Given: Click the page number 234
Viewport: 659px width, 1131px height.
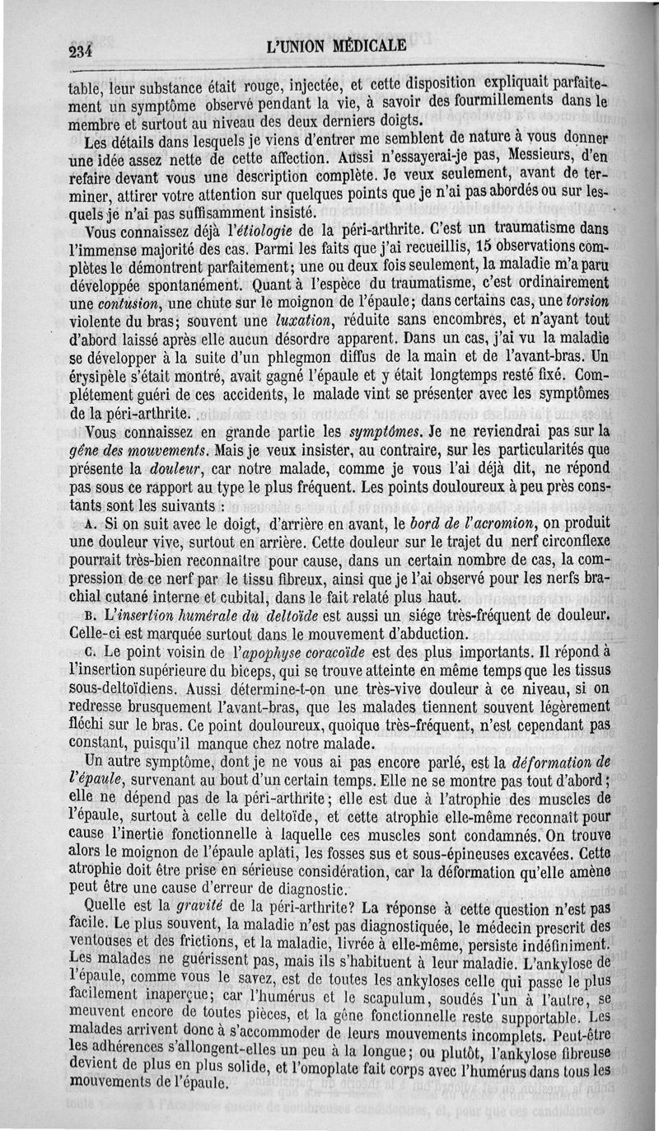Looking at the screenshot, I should [x=82, y=52].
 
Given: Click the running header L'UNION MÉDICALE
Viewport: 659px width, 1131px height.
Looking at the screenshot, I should [x=336, y=45].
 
